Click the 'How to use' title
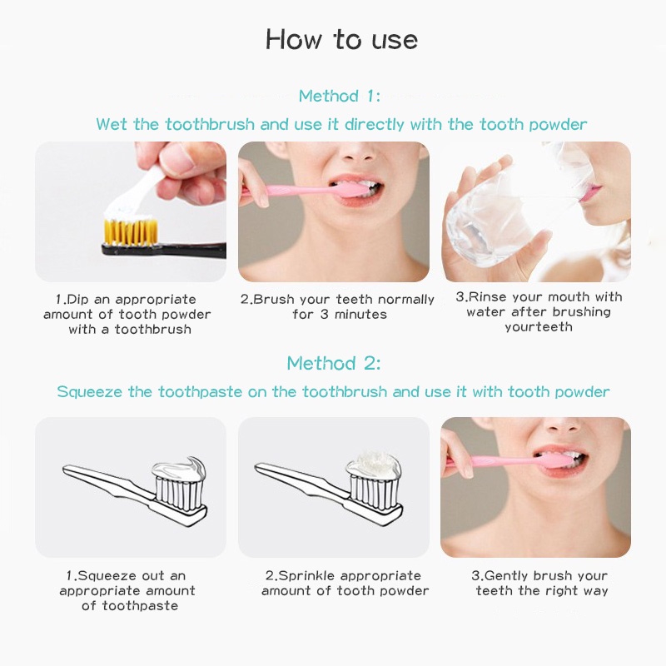[341, 40]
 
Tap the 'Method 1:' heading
[340, 96]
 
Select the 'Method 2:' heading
[334, 364]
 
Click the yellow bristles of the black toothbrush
[131, 232]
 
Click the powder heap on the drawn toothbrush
[374, 465]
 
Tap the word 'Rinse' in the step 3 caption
[487, 296]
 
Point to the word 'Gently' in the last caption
[507, 576]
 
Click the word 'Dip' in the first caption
[78, 300]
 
